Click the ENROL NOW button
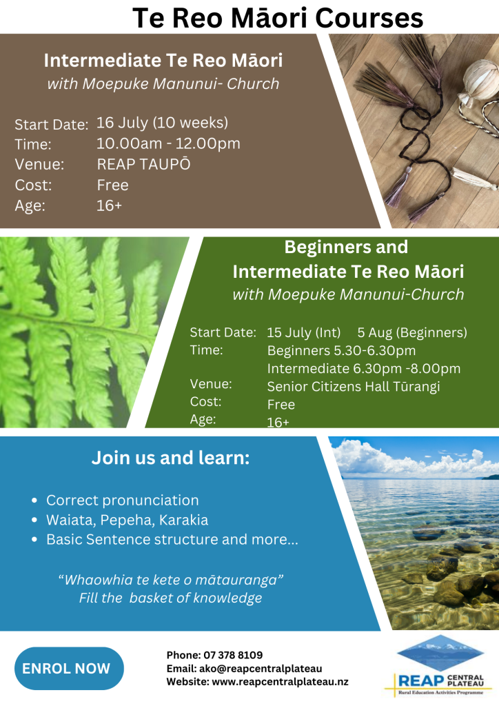(69, 668)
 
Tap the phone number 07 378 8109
(233, 655)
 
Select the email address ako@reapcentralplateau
(261, 669)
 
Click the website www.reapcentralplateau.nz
(280, 682)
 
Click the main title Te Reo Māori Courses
(278, 18)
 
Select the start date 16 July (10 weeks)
(162, 123)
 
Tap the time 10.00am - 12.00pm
(168, 143)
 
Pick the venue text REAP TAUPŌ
(143, 164)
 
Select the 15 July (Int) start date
(304, 333)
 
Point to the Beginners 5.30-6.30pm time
(342, 351)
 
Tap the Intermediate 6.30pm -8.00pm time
(363, 369)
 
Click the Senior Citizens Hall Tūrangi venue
(354, 387)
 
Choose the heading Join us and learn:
(170, 458)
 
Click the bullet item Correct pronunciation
(123, 501)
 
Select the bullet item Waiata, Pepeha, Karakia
(128, 520)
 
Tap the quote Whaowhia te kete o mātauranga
(170, 579)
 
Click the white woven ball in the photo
(480, 81)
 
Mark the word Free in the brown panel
(112, 185)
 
